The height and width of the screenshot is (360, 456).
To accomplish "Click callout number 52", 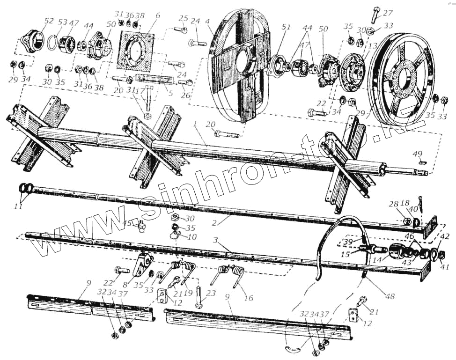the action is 48,21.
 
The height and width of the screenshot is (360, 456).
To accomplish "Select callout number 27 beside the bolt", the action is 388,13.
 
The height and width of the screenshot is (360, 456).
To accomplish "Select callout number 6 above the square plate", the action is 158,15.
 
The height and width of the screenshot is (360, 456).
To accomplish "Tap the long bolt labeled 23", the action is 199,298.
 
